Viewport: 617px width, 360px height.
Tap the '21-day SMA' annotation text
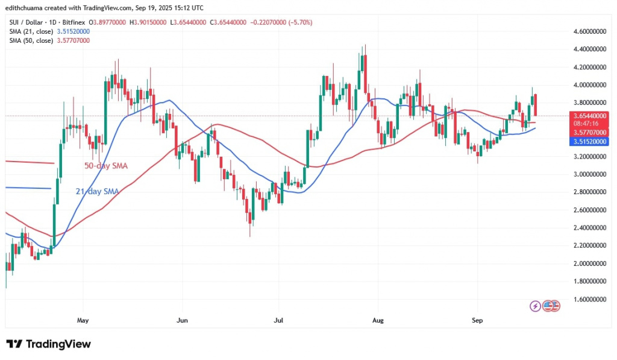point(97,192)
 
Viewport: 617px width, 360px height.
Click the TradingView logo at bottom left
point(49,344)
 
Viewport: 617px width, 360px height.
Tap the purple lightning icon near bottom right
point(535,306)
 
